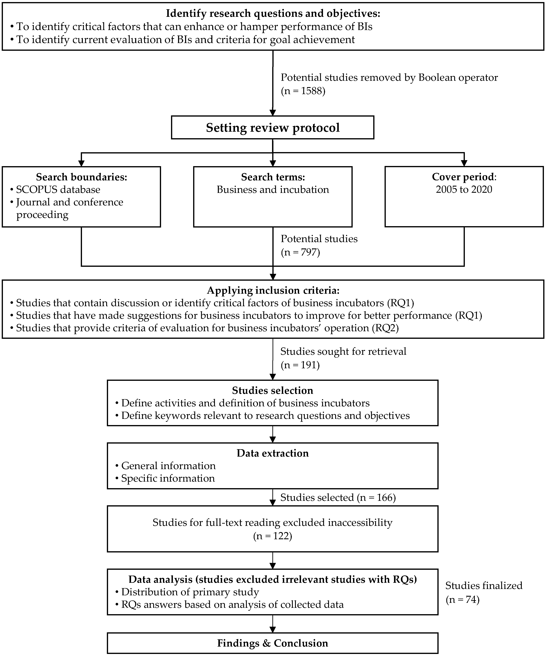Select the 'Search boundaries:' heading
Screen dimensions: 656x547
point(81,177)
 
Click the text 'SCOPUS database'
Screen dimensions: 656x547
point(58,190)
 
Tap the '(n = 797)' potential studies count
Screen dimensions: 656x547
point(300,252)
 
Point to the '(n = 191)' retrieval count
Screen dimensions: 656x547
point(300,365)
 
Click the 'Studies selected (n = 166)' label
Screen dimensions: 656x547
point(338,498)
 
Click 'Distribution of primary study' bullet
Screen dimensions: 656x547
point(190,592)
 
